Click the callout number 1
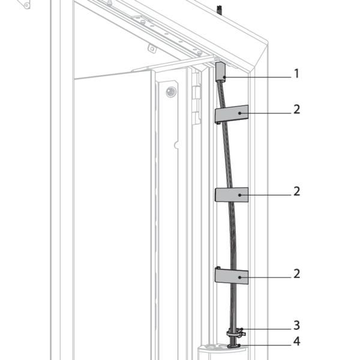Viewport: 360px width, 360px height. (297, 74)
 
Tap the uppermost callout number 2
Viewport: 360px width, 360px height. (297, 110)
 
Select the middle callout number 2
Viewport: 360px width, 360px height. (297, 191)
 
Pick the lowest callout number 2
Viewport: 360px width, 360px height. (297, 274)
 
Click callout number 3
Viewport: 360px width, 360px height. (297, 325)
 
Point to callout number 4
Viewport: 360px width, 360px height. (297, 341)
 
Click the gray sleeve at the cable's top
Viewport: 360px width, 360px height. (220, 72)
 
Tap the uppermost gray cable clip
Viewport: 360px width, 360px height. (232, 114)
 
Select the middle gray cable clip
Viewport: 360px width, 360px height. (232, 194)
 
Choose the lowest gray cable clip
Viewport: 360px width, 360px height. (232, 277)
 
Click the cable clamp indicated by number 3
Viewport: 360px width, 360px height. (235, 333)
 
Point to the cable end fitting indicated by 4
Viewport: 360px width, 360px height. (233, 346)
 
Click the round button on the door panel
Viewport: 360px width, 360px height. (171, 92)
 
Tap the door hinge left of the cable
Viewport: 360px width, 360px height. (196, 99)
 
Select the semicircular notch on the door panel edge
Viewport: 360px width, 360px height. (176, 145)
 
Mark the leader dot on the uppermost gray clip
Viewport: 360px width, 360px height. (239, 113)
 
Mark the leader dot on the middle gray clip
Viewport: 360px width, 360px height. (239, 195)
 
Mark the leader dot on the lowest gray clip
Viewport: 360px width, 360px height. (239, 277)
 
